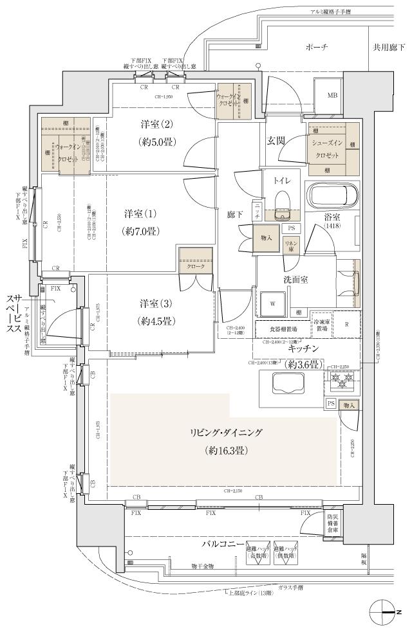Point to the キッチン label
click(305, 348)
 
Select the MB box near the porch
click(332, 96)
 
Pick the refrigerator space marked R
click(347, 324)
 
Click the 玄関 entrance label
click(276, 141)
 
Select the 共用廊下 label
click(388, 48)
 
